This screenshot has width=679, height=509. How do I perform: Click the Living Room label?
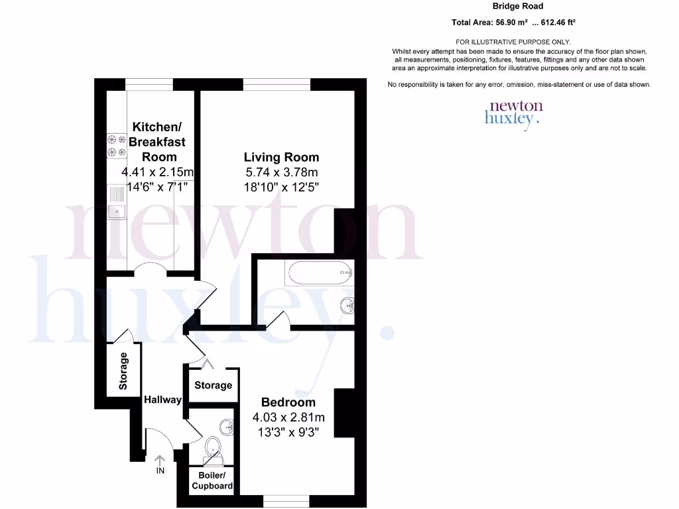281,157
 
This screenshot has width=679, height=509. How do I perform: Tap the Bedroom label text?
288,402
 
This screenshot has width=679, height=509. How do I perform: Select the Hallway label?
162,400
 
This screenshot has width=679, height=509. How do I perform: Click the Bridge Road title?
518,7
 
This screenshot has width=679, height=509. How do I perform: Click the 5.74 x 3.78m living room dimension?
281,172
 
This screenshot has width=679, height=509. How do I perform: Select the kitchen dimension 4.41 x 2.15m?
156,172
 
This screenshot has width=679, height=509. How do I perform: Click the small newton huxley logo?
514,114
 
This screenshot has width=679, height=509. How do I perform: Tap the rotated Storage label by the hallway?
123,371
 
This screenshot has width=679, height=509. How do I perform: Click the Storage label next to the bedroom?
213,385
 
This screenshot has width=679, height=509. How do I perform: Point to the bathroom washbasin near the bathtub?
346,306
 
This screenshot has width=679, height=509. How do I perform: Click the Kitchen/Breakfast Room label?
157,141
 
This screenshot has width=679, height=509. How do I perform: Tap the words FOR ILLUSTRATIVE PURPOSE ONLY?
518,42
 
